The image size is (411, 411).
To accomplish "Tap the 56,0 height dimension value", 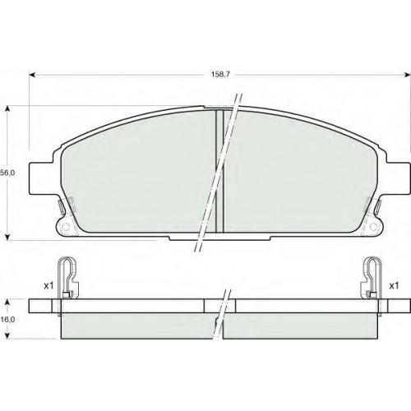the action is tap(7, 173).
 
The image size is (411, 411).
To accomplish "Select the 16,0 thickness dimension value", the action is tap(7, 320).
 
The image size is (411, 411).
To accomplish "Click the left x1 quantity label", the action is tap(48, 286).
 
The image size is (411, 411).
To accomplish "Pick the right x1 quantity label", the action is tap(394, 286).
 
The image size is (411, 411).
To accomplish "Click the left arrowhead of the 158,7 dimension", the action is tap(32, 75).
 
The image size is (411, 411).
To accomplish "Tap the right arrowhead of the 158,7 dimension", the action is tap(407, 75).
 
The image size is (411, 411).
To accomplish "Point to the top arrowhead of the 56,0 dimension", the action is tap(7, 109).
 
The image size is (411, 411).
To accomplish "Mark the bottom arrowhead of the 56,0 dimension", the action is tap(7, 237).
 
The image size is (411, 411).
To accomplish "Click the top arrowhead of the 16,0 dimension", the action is tap(7, 302).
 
